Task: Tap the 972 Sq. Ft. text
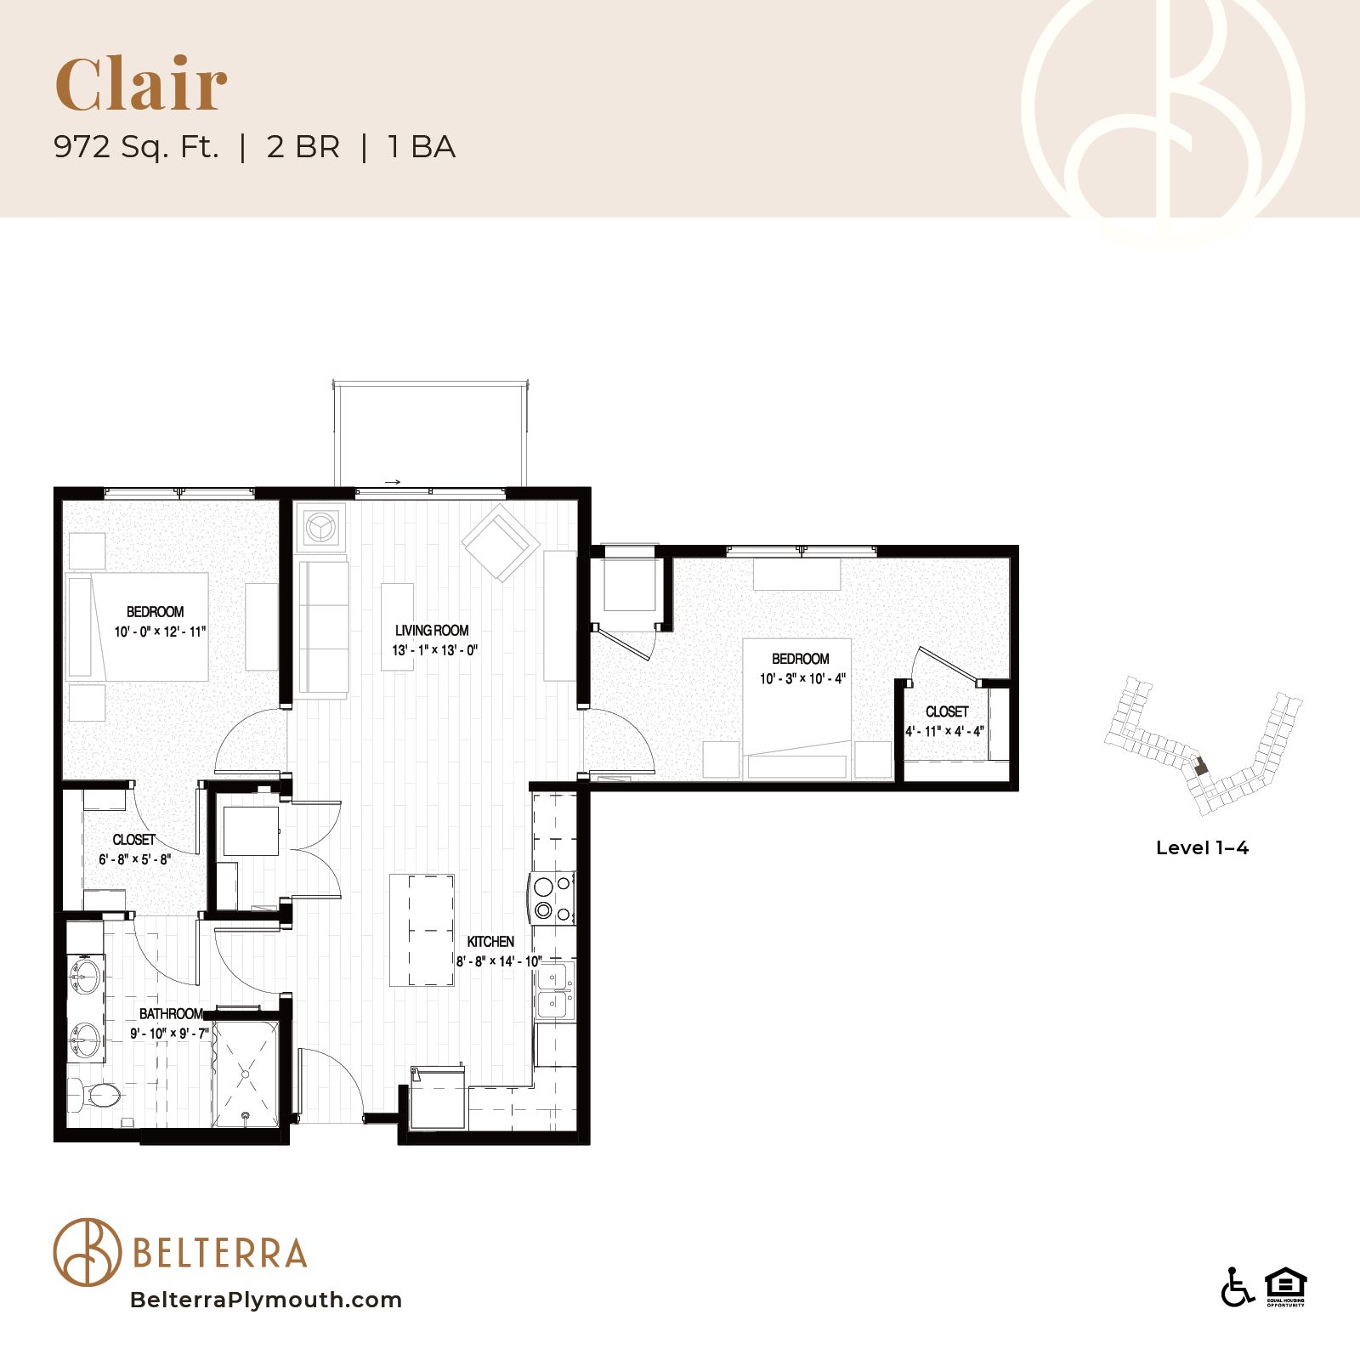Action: (x=136, y=147)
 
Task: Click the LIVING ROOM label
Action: (x=432, y=631)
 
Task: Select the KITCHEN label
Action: (x=490, y=942)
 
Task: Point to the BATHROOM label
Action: (x=171, y=1014)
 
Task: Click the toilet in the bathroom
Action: (x=94, y=1095)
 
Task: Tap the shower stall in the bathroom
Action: (x=246, y=1074)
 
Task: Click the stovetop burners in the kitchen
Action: (x=552, y=898)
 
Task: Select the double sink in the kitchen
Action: (x=554, y=991)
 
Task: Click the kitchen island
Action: (x=422, y=930)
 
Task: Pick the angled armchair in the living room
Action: (x=501, y=543)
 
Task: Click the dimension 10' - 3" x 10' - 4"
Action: (x=802, y=678)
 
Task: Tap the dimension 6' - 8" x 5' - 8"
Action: (x=134, y=859)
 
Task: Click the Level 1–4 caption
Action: (x=1202, y=847)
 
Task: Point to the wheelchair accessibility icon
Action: (x=1238, y=1286)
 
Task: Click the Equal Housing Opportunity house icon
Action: (x=1285, y=1286)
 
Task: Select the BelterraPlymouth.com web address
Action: (x=266, y=1300)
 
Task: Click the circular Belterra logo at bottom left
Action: (x=88, y=1252)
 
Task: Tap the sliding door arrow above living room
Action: (x=392, y=482)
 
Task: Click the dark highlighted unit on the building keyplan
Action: (x=1200, y=766)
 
